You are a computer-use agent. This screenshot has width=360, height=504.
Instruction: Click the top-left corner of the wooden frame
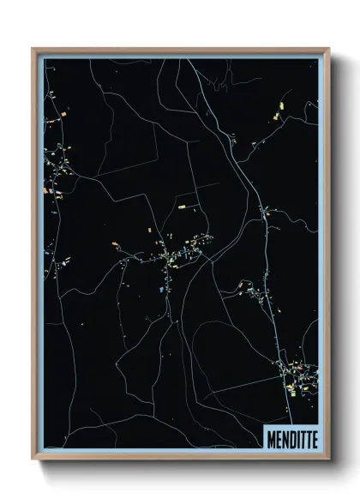(33, 49)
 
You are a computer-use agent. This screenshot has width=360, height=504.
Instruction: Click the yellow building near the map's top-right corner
(281, 106)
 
